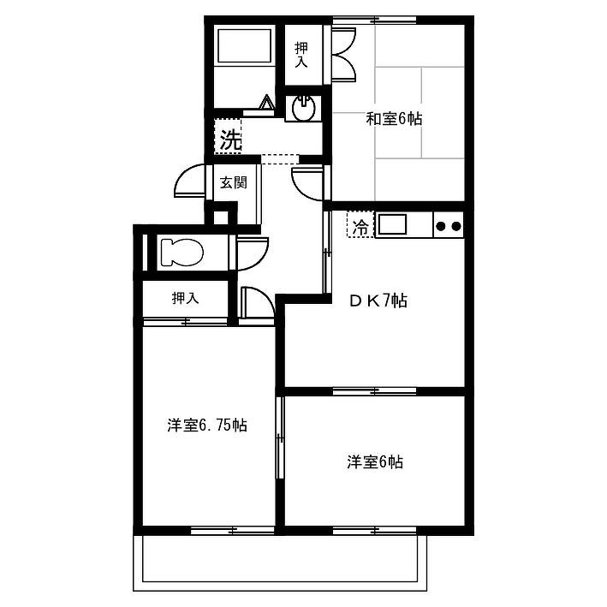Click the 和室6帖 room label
point(394,119)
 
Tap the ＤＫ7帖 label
point(378,301)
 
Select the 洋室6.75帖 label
point(207,425)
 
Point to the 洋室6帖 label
point(375,461)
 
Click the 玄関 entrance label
point(234,182)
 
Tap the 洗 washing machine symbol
point(230,140)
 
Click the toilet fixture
point(182,253)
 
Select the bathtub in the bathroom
point(244,46)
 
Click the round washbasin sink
point(304,109)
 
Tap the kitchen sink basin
point(392,224)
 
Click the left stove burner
point(440,225)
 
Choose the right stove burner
point(455,225)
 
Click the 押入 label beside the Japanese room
point(301,55)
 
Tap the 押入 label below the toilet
point(186,298)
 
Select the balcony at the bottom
point(280,562)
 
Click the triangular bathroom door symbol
point(267,102)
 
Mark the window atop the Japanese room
point(374,20)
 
